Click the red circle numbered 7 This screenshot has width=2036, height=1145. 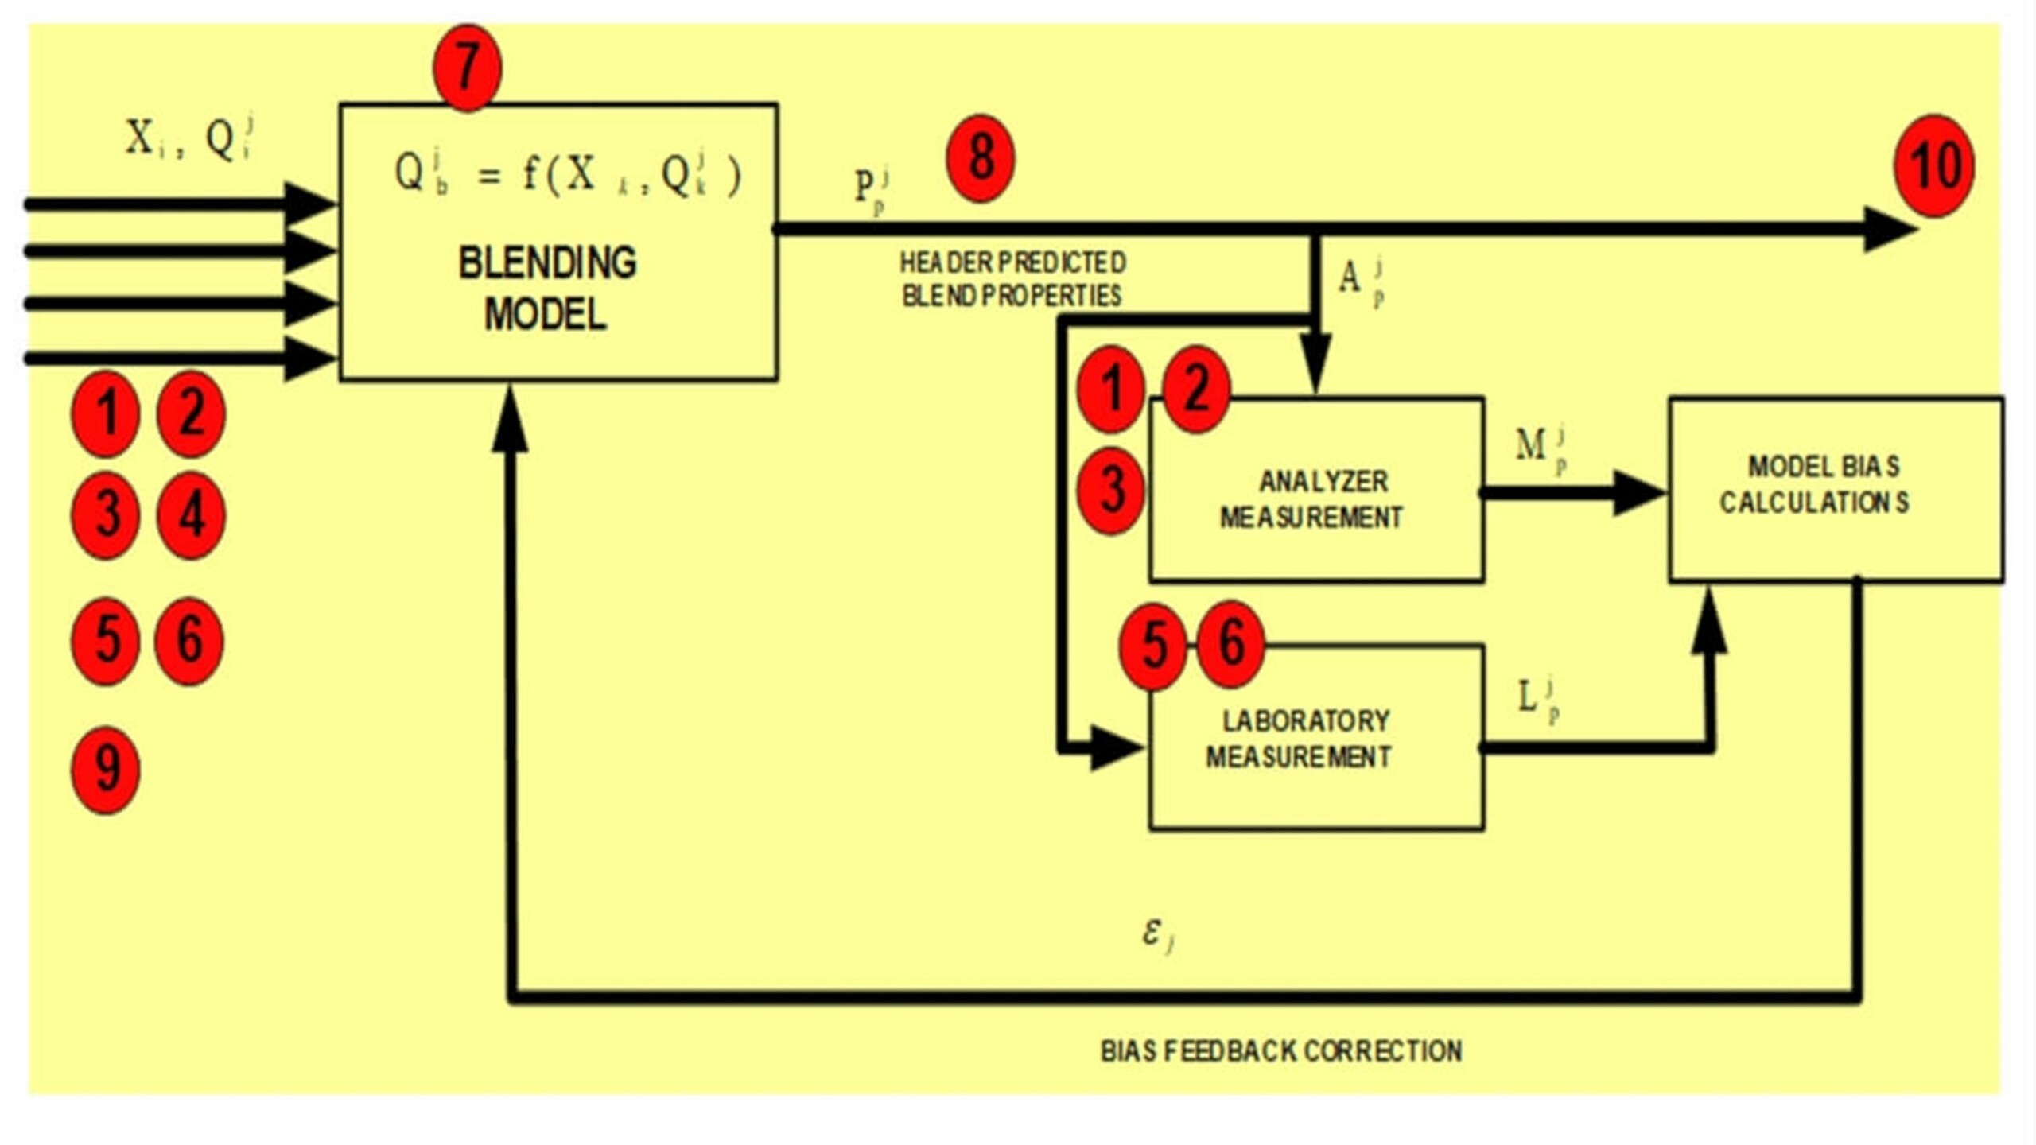[467, 67]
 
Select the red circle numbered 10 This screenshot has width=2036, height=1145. [1933, 165]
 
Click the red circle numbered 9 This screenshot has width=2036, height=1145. [106, 769]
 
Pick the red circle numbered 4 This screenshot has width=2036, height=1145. [191, 515]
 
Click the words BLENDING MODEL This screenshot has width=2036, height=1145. [547, 288]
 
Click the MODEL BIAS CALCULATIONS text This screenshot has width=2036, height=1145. [1818, 484]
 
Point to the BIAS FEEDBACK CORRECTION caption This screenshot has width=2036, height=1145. [1280, 1051]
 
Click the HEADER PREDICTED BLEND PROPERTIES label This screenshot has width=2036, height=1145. [1012, 279]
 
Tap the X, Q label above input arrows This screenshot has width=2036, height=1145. [189, 138]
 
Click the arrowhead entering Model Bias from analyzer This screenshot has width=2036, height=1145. [1638, 493]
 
